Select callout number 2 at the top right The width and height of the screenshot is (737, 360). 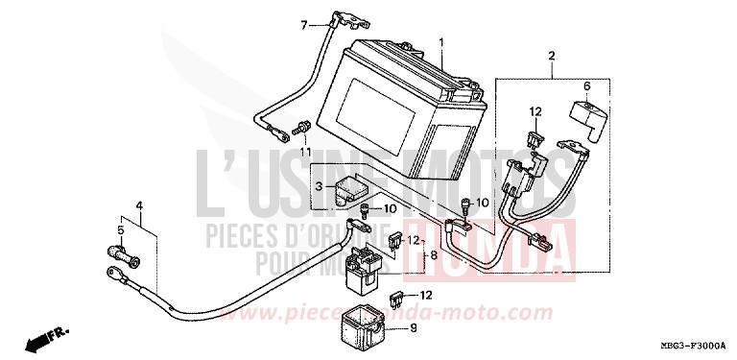click(552, 58)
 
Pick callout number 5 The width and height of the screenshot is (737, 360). click(121, 230)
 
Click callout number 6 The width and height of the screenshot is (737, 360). click(588, 86)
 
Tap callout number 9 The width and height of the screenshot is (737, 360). click(415, 328)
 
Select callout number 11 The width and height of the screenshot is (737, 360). click(304, 153)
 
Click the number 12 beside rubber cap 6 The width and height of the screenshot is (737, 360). click(536, 111)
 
